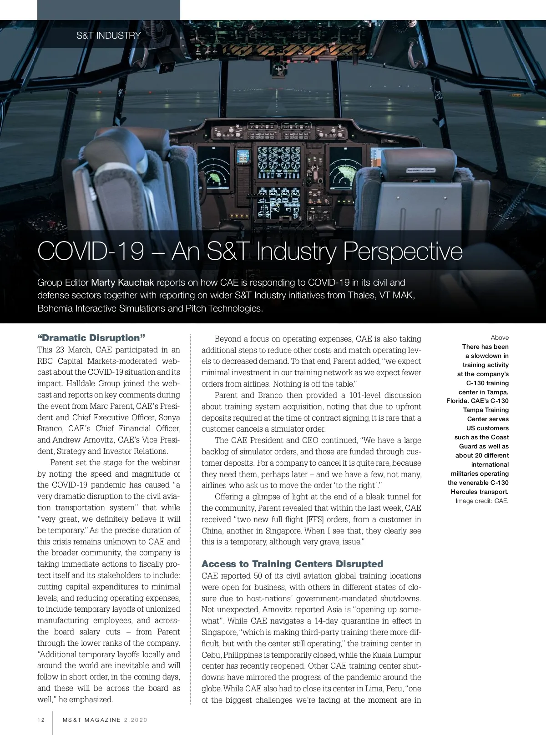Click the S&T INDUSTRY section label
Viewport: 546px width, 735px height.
coord(108,35)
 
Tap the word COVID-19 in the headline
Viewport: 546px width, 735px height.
coord(91,251)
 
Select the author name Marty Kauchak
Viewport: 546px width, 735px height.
coord(122,282)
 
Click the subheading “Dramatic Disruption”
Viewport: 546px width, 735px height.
coord(91,338)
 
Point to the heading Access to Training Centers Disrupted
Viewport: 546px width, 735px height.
coord(292,564)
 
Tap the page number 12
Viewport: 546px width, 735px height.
coord(41,720)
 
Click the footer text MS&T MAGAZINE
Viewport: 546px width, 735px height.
coord(92,720)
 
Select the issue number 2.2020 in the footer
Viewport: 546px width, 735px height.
coord(136,720)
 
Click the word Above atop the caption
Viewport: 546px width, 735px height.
coord(500,337)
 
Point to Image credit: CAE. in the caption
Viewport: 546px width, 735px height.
coord(482,501)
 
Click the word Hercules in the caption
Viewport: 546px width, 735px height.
coord(465,492)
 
